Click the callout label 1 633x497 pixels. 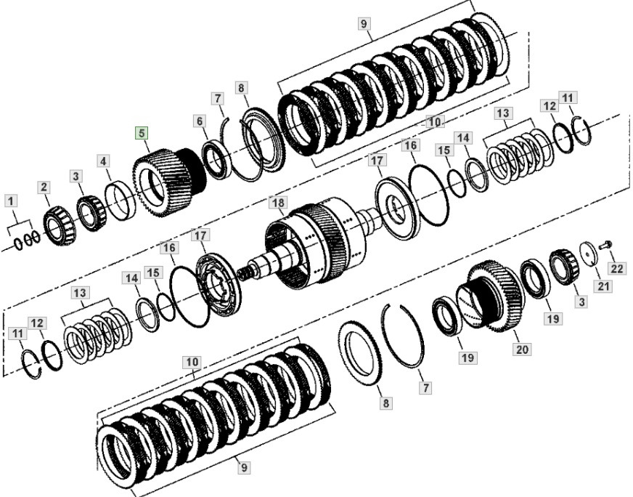click(10, 200)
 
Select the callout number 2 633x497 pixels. click(45, 187)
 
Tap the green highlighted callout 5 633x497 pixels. click(142, 133)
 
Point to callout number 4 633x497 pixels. click(105, 161)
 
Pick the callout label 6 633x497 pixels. click(200, 122)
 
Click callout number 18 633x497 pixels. click(277, 202)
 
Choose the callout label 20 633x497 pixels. click(523, 349)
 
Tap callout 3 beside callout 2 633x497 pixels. click(76, 177)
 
